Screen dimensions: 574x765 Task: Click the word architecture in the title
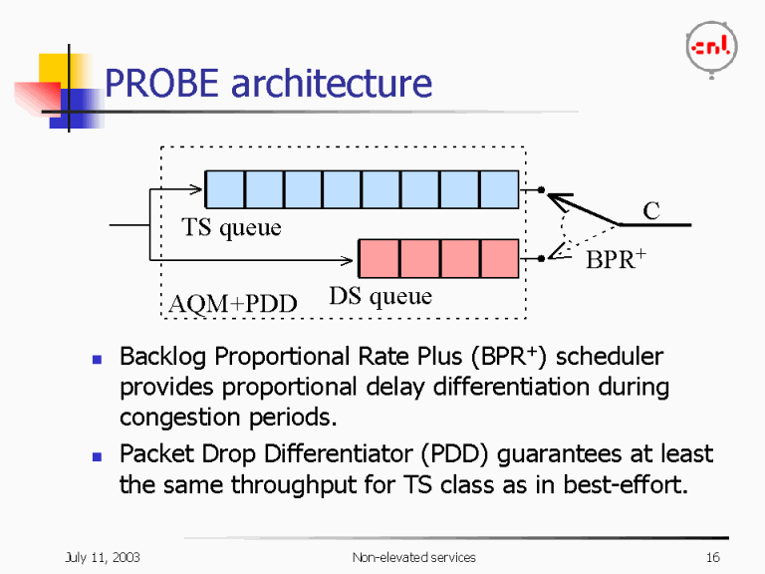[x=331, y=84]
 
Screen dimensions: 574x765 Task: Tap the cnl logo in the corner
[x=710, y=46]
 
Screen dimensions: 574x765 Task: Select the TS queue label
[x=231, y=228]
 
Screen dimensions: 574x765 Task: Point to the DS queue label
[x=380, y=296]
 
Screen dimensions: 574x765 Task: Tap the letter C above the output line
[x=651, y=210]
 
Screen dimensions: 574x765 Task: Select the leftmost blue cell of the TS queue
[x=224, y=189]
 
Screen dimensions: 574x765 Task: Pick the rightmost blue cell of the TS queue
[x=499, y=189]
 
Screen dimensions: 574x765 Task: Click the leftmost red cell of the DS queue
[x=378, y=258]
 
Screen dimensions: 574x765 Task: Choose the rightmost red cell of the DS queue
[x=499, y=258]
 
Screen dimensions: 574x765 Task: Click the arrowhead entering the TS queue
[x=197, y=188]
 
